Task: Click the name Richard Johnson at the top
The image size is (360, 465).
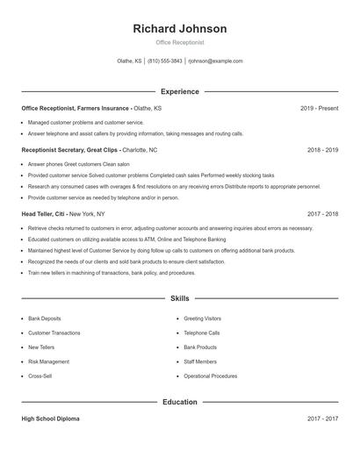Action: tap(180, 29)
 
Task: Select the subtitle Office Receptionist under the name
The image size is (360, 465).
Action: tap(180, 42)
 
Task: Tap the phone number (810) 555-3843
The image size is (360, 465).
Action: tap(165, 61)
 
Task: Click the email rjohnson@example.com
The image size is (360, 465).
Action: tap(215, 61)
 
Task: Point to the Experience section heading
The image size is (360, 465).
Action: tap(180, 91)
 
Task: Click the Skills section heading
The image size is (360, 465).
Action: tap(180, 299)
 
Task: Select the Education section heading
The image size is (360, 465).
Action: tap(180, 402)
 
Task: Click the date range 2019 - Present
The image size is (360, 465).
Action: tap(319, 108)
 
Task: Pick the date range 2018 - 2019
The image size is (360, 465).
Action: tap(322, 150)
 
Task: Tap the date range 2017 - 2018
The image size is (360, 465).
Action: tap(322, 213)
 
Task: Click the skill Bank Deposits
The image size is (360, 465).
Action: tap(45, 318)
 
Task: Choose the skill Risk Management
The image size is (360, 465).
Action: tap(48, 361)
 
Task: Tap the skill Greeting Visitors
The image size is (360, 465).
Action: tap(202, 318)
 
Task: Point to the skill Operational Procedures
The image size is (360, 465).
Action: tap(210, 376)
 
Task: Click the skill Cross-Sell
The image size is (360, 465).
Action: tap(40, 376)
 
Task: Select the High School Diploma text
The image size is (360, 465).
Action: tap(51, 418)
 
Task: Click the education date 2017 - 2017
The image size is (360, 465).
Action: tap(322, 418)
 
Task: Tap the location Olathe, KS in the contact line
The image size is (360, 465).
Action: tap(129, 61)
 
